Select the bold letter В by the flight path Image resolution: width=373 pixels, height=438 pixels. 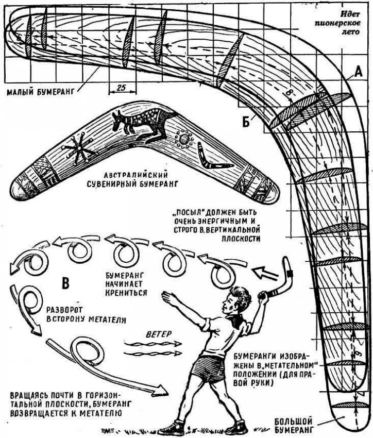pos(66,283)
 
